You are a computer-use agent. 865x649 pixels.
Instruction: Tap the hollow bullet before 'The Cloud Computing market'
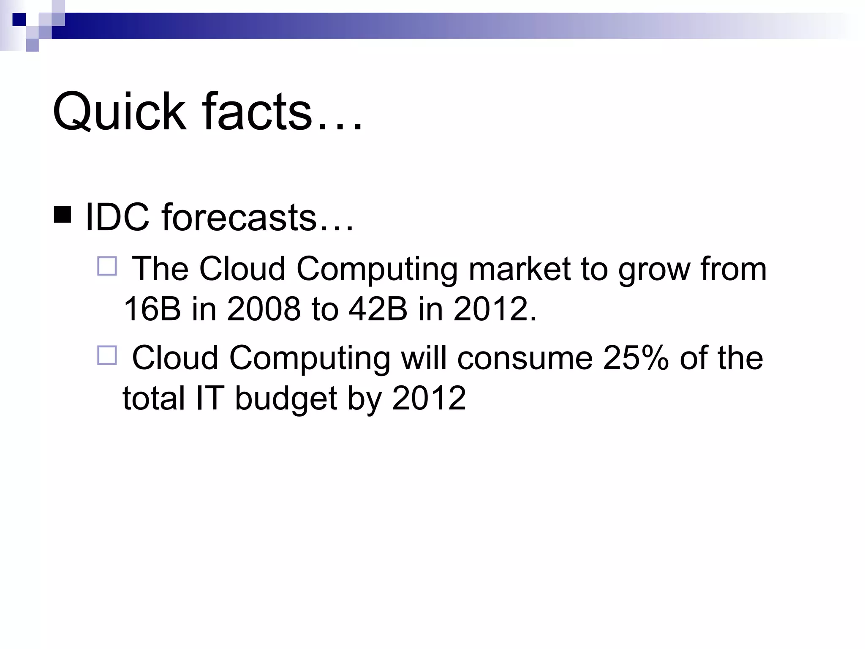[x=107, y=267]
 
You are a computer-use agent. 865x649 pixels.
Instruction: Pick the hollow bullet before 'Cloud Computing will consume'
[x=107, y=355]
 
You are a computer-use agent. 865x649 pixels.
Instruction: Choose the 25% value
[x=636, y=358]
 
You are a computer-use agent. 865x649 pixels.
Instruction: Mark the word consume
[x=525, y=358]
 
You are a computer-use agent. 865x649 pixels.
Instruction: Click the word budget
[x=286, y=398]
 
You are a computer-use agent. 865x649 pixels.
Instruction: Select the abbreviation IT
[x=209, y=398]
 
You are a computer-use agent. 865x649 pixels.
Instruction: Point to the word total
[x=154, y=398]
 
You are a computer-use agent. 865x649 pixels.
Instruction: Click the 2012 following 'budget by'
[x=429, y=398]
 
